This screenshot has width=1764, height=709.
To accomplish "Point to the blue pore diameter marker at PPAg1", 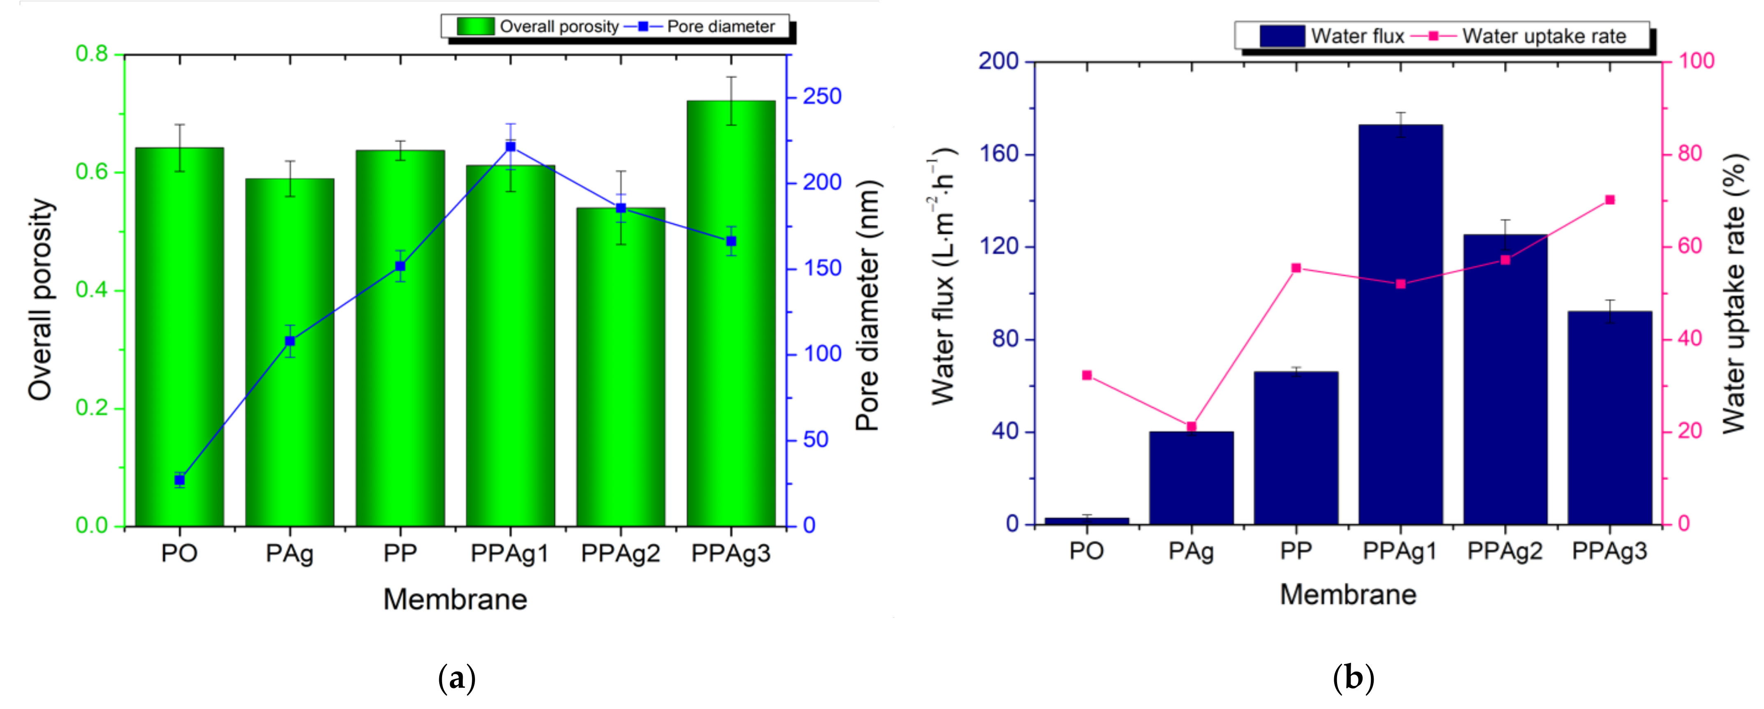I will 510,146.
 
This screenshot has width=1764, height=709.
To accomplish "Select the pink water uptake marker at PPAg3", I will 1610,200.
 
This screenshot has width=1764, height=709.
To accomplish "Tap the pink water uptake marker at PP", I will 1296,268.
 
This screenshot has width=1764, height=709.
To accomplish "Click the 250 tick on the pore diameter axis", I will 822,97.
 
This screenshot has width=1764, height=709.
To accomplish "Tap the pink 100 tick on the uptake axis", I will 1696,61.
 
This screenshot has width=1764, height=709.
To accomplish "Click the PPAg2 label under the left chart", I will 620,553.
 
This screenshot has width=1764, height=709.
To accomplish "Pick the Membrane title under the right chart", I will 1348,594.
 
